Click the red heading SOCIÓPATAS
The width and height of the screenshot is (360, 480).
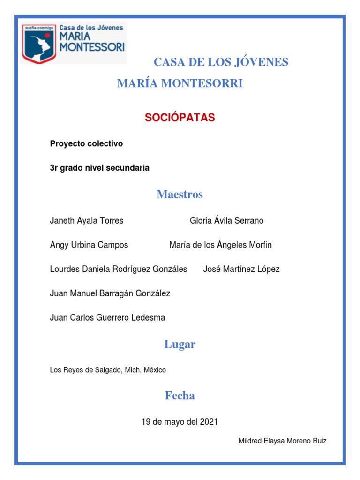click(x=180, y=118)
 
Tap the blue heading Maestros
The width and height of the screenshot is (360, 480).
click(x=180, y=195)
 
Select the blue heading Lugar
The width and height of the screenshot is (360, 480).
click(x=180, y=345)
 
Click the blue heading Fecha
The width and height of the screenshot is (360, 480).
click(x=180, y=396)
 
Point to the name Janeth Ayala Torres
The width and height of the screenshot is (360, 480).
click(x=87, y=220)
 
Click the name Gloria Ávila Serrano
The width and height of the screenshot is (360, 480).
click(x=226, y=220)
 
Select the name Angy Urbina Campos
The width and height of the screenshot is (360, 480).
click(x=89, y=245)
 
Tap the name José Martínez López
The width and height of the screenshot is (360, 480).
click(x=241, y=269)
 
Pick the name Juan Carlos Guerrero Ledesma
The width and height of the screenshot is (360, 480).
click(x=107, y=317)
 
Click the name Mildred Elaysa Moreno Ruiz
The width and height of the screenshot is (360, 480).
click(x=283, y=441)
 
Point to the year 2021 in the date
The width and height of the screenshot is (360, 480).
click(x=209, y=422)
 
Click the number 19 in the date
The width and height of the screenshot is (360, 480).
click(x=146, y=422)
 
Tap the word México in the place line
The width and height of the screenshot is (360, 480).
click(x=155, y=370)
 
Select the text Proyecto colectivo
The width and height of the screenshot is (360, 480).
click(x=86, y=144)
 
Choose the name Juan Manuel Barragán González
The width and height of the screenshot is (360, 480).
click(x=110, y=293)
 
